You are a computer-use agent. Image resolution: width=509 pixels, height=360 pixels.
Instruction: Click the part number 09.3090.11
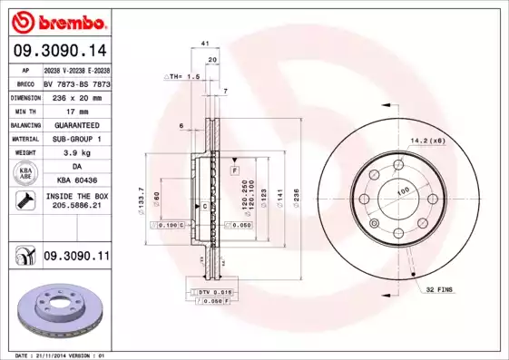point(76,257)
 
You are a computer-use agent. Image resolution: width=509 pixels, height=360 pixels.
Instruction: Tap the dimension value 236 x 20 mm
point(75,94)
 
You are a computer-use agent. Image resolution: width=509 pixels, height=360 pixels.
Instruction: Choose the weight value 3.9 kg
point(75,153)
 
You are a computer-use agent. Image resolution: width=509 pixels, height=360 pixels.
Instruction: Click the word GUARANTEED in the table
point(75,123)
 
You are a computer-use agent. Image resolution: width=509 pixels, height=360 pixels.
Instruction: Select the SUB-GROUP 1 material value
point(75,138)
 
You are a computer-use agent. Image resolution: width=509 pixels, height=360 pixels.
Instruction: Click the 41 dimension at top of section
point(205,43)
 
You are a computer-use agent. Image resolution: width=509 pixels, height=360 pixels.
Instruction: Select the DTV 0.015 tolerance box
point(211,292)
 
